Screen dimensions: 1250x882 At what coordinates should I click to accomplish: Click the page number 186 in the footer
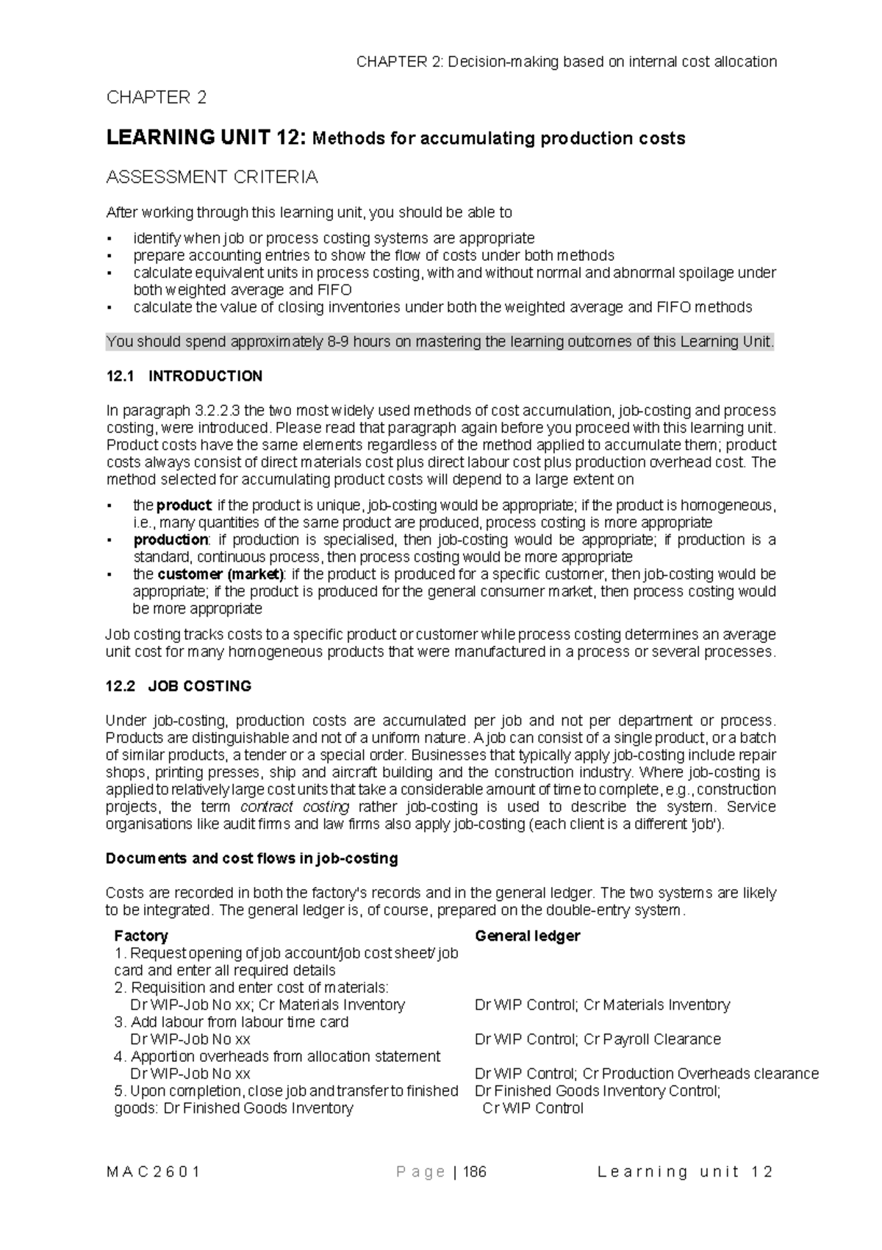click(475, 1172)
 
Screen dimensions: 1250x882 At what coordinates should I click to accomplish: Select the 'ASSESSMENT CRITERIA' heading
click(212, 177)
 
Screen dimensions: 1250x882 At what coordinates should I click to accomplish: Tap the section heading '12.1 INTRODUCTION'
click(184, 376)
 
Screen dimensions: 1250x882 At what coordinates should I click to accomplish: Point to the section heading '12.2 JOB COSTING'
click(179, 686)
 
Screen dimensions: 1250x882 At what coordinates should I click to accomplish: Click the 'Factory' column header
click(141, 935)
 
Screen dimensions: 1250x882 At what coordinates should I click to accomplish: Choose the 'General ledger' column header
click(527, 935)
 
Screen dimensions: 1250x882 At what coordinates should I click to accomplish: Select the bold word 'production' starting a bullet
click(171, 540)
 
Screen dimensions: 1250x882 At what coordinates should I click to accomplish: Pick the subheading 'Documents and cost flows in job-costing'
click(252, 858)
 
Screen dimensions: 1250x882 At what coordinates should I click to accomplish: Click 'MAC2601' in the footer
click(153, 1172)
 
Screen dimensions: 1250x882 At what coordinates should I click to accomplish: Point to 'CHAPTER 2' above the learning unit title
click(157, 98)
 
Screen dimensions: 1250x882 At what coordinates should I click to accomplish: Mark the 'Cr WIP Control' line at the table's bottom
click(533, 1108)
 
